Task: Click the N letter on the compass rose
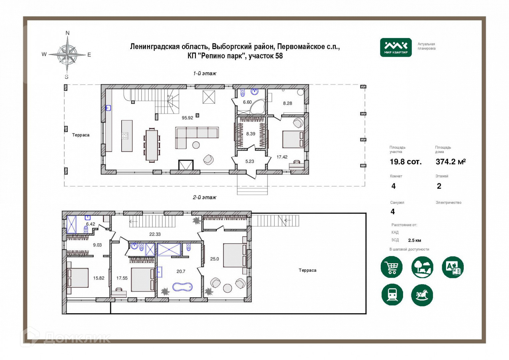pyautogui.click(x=68, y=33)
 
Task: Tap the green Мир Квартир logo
pyautogui.click(x=396, y=47)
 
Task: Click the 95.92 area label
pyautogui.click(x=187, y=118)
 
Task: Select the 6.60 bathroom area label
pyautogui.click(x=247, y=102)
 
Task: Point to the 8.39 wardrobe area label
pyautogui.click(x=251, y=134)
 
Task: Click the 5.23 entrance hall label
pyautogui.click(x=250, y=161)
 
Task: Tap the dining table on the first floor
pyautogui.click(x=152, y=145)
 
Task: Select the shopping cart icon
pyautogui.click(x=391, y=267)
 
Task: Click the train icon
pyautogui.click(x=392, y=295)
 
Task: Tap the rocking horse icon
pyautogui.click(x=422, y=295)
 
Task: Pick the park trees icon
pyautogui.click(x=422, y=267)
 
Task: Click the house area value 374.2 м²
pyautogui.click(x=451, y=162)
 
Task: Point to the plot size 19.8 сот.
pyautogui.click(x=406, y=162)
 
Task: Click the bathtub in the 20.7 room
pyautogui.click(x=183, y=287)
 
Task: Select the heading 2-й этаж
pyautogui.click(x=205, y=197)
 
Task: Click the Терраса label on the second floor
pyautogui.click(x=307, y=270)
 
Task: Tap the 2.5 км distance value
pyautogui.click(x=414, y=240)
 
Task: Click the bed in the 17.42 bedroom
pyautogui.click(x=293, y=139)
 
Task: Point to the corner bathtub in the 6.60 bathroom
pyautogui.click(x=257, y=107)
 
